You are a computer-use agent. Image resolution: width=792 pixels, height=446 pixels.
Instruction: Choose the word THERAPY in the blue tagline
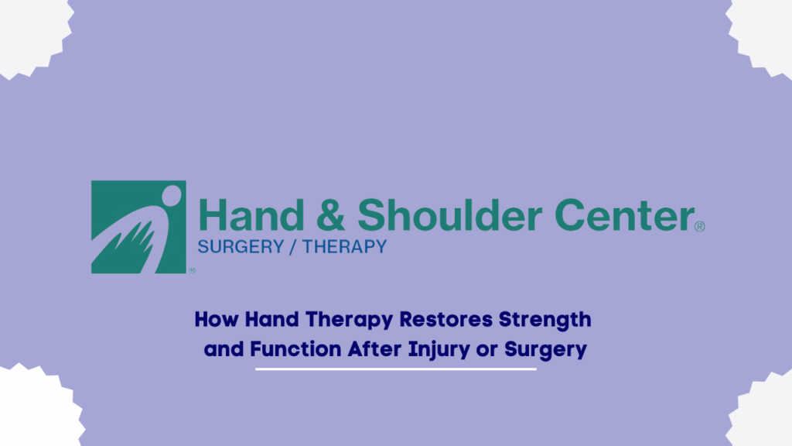coord(343,248)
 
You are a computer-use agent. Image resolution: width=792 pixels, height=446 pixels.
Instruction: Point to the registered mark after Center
coord(699,227)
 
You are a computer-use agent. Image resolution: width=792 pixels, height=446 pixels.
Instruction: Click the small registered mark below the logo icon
coord(192,270)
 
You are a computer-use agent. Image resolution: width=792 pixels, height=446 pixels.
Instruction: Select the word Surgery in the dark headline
coord(545,350)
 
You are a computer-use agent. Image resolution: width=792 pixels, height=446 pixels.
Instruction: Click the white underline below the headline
coord(396,369)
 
